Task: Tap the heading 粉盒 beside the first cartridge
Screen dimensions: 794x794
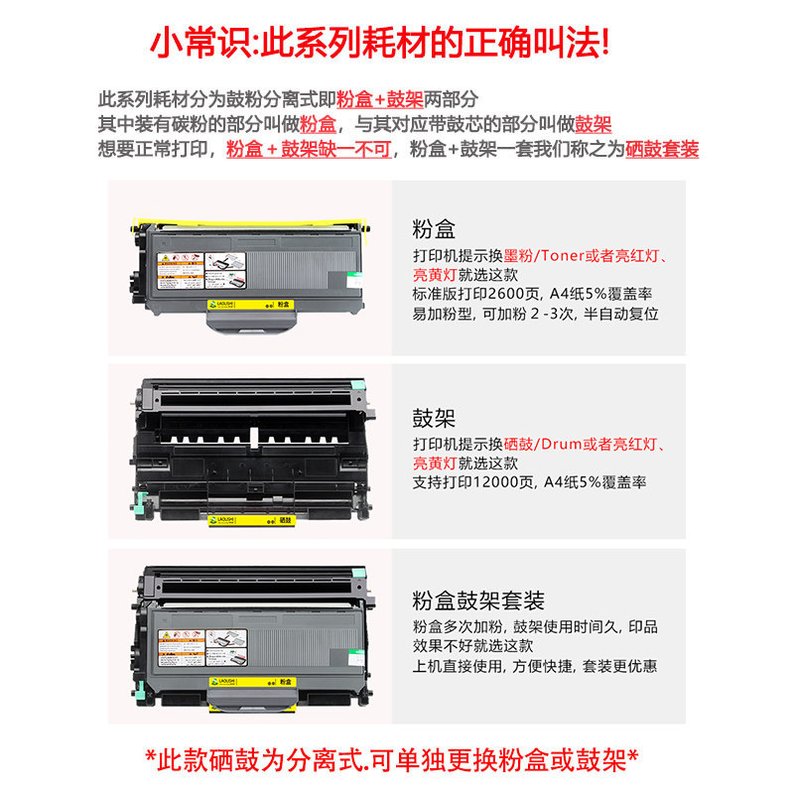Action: pos(433,230)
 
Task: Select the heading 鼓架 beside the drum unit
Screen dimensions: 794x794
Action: pos(433,417)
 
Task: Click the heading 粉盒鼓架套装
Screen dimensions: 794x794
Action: pos(478,601)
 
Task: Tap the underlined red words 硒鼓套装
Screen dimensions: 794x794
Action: pos(662,150)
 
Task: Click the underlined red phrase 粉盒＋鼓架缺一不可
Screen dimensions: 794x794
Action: pos(311,150)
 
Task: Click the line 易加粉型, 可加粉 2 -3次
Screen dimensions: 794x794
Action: pos(535,313)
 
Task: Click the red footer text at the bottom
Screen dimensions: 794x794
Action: pos(397,761)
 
